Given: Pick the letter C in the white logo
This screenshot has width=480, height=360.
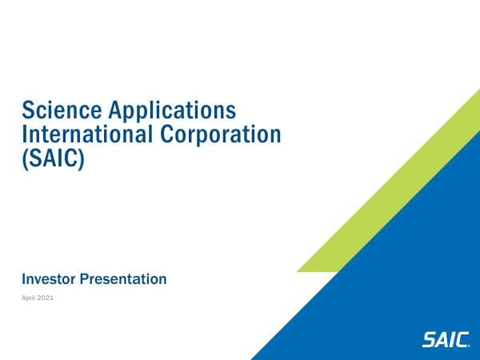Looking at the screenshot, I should coord(462,339).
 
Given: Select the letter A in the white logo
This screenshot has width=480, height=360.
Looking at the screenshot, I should coord(442,339).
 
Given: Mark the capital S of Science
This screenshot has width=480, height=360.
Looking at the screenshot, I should coord(29,109).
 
